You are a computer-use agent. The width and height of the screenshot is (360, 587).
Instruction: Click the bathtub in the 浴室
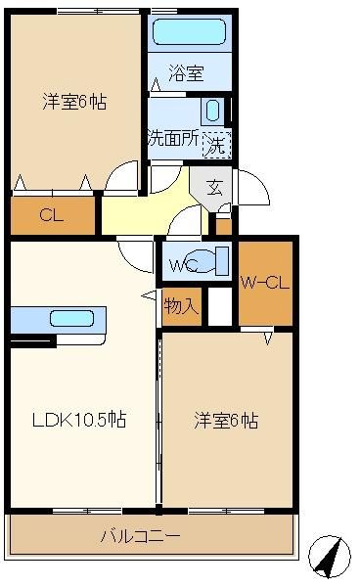click(190, 32)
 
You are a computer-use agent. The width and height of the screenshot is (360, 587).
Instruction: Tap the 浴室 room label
click(186, 73)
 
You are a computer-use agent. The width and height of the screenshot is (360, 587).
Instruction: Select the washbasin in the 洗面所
click(212, 111)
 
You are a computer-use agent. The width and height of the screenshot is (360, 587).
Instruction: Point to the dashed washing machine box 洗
click(216, 145)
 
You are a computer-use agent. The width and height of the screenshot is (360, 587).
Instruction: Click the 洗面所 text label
click(173, 138)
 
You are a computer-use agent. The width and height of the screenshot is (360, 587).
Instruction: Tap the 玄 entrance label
click(214, 187)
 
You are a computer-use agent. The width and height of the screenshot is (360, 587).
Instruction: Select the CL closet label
click(52, 215)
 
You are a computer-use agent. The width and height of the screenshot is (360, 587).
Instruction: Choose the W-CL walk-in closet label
click(265, 283)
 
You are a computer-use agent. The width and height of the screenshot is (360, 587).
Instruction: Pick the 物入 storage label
click(181, 306)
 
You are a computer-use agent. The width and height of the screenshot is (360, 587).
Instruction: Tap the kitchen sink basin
click(71, 319)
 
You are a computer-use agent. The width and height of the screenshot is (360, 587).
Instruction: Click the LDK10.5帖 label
click(79, 420)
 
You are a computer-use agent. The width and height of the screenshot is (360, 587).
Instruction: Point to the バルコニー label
click(140, 536)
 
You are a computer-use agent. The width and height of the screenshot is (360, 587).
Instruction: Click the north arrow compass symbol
click(330, 557)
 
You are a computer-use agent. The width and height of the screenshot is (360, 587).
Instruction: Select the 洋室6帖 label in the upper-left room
click(74, 102)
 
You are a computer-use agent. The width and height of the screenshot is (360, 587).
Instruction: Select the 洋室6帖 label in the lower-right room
click(226, 421)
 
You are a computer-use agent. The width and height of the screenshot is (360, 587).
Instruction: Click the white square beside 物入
click(220, 306)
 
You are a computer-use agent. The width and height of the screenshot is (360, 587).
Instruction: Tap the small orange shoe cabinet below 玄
click(224, 227)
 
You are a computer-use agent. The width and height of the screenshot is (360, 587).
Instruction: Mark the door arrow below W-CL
click(268, 339)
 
